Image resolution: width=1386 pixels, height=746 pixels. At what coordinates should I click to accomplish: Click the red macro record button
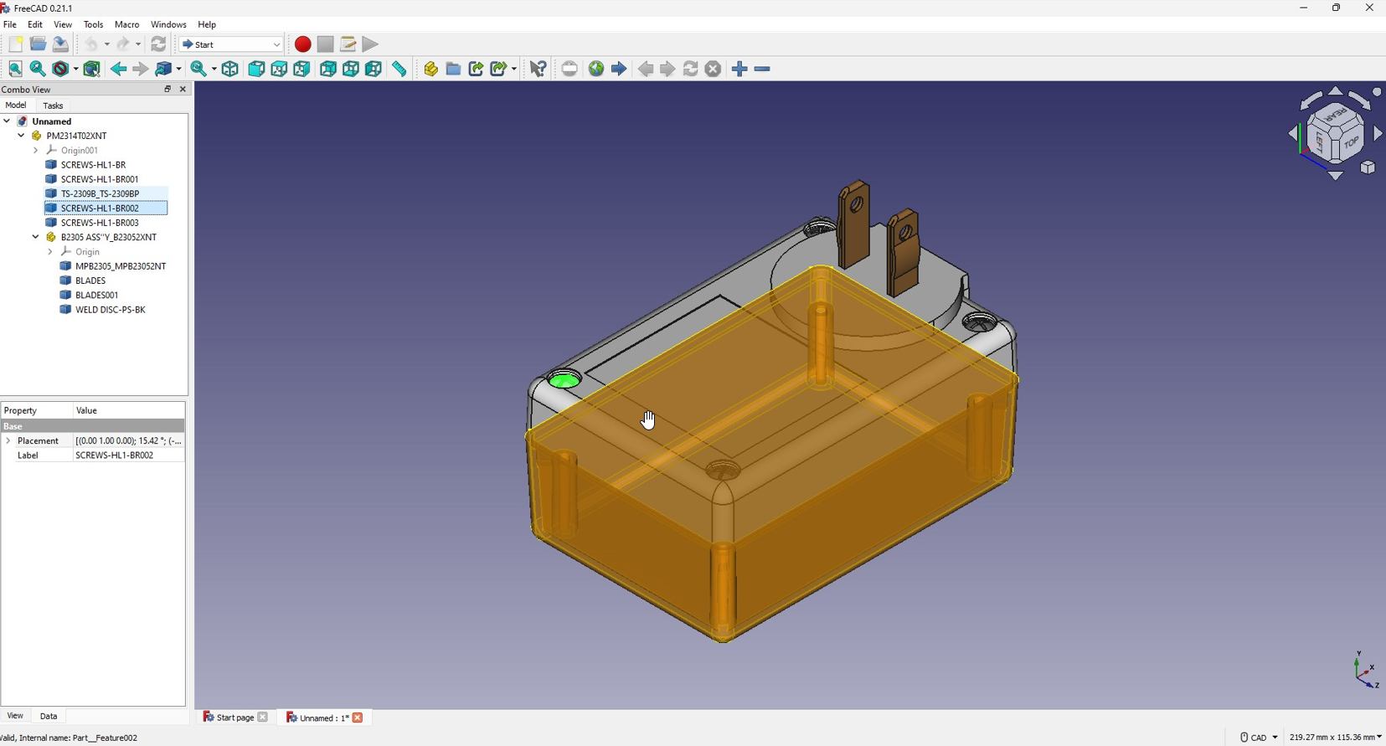[302, 44]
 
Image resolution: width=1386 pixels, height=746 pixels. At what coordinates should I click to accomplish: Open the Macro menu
[126, 24]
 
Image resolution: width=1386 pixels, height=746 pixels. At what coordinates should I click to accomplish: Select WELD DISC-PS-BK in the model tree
[111, 309]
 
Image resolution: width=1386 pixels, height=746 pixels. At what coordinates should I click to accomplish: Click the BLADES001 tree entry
[96, 295]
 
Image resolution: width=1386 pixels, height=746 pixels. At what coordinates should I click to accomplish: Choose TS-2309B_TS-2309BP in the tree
[100, 193]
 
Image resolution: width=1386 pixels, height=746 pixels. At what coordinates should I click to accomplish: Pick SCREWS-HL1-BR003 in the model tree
[100, 223]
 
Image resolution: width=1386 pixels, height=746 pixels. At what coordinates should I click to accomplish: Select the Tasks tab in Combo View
[53, 105]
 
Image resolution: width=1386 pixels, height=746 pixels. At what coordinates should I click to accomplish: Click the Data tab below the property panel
[49, 716]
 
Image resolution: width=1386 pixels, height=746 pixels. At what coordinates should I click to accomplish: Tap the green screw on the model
[564, 380]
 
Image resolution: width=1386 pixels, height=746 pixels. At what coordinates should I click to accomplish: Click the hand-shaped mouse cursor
[648, 420]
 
